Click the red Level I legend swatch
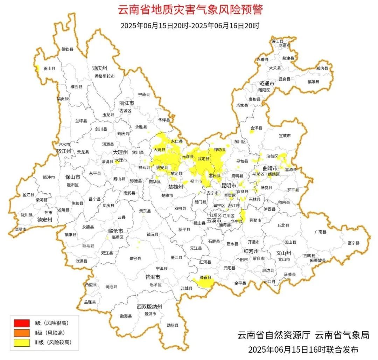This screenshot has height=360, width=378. click(21, 323)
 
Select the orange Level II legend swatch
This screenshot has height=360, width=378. click(21, 333)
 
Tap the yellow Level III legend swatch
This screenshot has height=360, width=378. click(21, 342)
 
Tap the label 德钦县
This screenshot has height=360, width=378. click(67, 49)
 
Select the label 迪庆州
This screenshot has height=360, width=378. click(99, 68)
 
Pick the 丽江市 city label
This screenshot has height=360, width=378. click(127, 103)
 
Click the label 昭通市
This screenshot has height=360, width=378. click(267, 83)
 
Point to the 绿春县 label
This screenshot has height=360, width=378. click(206, 278)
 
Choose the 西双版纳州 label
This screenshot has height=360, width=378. click(150, 307)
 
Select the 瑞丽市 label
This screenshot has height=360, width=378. click(20, 229)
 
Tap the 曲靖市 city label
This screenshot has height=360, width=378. click(270, 168)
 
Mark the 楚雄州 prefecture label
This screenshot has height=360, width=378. click(176, 187)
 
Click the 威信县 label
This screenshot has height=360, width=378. click(322, 68)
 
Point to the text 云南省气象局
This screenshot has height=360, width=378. click(342, 335)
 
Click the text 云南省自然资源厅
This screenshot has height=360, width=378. click(274, 335)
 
